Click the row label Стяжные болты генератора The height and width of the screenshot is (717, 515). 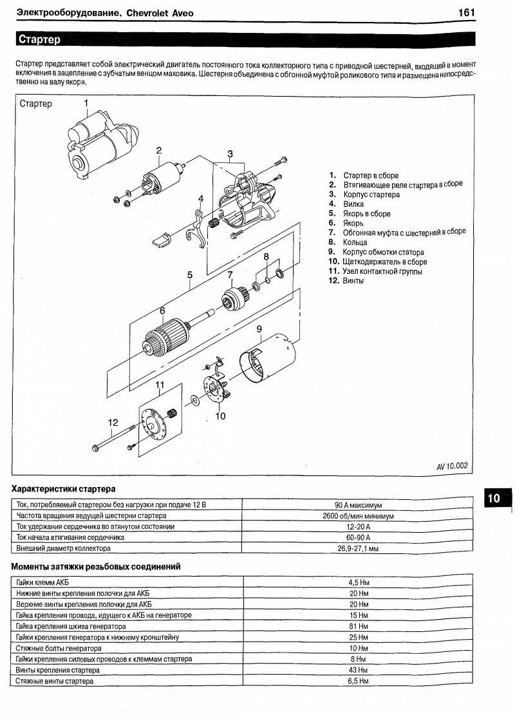59,648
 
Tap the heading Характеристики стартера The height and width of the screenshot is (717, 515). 64,489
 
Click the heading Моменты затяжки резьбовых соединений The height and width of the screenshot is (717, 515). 96,566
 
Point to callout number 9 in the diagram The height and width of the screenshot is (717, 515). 258,330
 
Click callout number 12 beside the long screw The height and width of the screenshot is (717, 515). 113,423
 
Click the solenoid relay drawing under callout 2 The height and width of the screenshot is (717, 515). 161,178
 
